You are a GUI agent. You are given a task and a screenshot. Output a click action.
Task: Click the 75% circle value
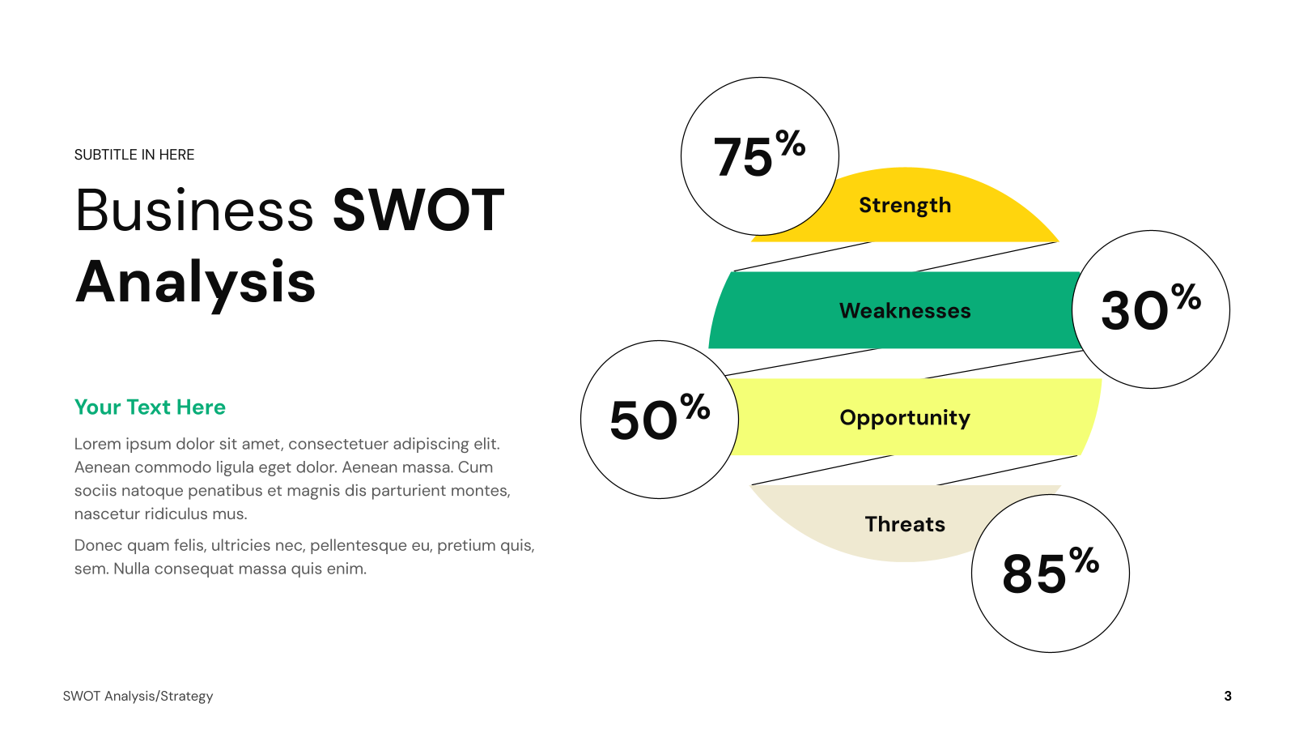coord(759,153)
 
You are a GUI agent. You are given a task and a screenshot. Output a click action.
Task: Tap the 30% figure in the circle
coord(1151,307)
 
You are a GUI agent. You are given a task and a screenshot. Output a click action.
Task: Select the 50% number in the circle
coord(660,416)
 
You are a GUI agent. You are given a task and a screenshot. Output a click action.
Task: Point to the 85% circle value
coord(1051,570)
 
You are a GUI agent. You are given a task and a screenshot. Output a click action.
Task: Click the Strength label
coord(905,206)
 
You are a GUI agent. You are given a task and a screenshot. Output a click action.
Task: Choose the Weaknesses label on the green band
coord(905,311)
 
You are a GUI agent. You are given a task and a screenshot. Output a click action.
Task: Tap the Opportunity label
coord(905,418)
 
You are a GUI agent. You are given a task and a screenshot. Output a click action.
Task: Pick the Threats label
coord(905,524)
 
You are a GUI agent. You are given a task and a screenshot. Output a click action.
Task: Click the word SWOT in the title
coord(418,210)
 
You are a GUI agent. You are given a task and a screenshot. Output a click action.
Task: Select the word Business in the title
coord(194,210)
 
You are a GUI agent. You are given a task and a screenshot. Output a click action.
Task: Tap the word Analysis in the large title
coord(195,283)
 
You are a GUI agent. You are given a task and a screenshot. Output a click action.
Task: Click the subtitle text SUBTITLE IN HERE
coord(134,155)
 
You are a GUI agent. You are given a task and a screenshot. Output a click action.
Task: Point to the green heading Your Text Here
coord(150,407)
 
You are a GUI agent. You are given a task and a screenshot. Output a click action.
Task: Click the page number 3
coord(1228,696)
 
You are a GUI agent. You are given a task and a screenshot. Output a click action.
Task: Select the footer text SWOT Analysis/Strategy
coord(138,696)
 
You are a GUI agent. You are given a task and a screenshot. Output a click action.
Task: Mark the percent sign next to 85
coord(1084,560)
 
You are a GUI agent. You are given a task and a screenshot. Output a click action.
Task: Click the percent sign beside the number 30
coord(1187,296)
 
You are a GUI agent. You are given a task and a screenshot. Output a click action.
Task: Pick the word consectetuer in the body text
coord(338,444)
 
